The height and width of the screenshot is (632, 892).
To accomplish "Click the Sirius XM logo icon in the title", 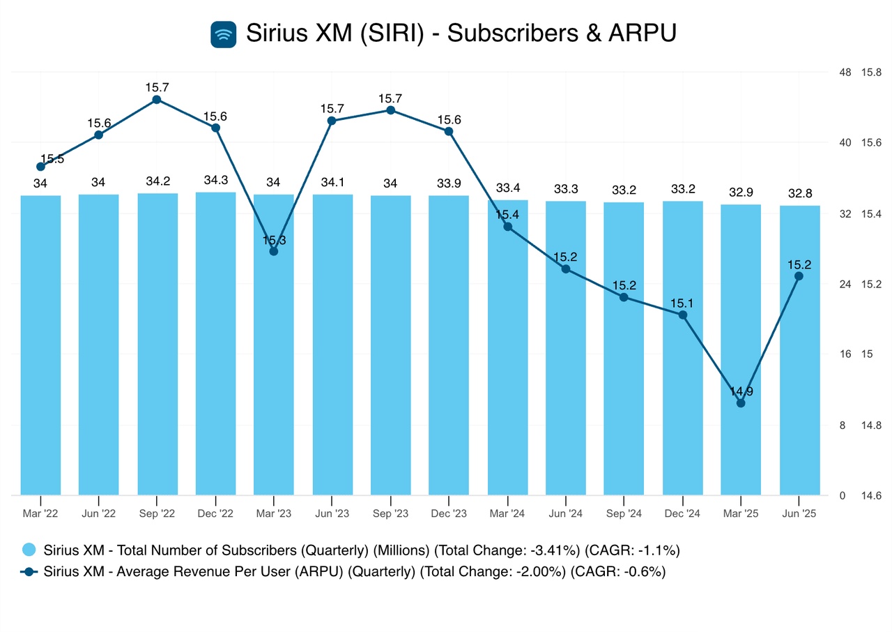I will pyautogui.click(x=224, y=33).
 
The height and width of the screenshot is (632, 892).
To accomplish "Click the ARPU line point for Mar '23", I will pyautogui.click(x=273, y=251).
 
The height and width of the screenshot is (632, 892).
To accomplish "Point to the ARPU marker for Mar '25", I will pyautogui.click(x=741, y=402).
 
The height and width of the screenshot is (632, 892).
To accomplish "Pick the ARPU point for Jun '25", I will pyautogui.click(x=799, y=276).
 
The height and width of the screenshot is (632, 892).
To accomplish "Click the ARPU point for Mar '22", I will pyautogui.click(x=40, y=166).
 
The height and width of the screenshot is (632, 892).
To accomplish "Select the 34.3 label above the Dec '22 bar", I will pyautogui.click(x=215, y=180).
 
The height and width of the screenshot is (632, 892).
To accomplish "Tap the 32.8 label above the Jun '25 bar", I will pyautogui.click(x=799, y=193).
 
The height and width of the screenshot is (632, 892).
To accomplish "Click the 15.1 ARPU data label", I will pyautogui.click(x=682, y=303).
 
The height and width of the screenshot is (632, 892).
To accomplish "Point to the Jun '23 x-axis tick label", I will pyautogui.click(x=332, y=514).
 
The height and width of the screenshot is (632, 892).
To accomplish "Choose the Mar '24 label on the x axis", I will pyautogui.click(x=507, y=514).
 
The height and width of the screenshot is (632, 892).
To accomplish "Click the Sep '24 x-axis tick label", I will pyautogui.click(x=624, y=514).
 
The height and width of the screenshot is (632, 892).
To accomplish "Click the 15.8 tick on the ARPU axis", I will pyautogui.click(x=872, y=72).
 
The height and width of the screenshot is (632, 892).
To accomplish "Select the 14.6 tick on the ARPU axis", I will pyautogui.click(x=872, y=496).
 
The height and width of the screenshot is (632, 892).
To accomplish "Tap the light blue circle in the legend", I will pyautogui.click(x=29, y=550).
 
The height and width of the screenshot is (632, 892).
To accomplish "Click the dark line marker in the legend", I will pyautogui.click(x=29, y=572).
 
